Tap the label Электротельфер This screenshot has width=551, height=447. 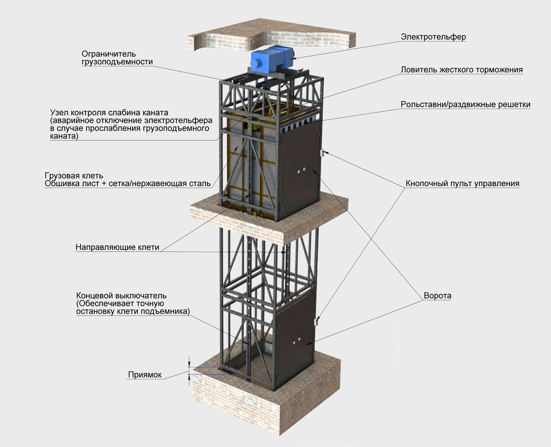433,37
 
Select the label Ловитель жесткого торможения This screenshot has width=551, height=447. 462,70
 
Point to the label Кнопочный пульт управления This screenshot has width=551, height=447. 463,184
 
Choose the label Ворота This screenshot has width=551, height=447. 437,296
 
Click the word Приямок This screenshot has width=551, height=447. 145,375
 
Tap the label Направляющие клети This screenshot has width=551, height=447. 118,247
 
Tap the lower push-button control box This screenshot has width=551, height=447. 317,322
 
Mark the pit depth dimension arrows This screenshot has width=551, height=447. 189,370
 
